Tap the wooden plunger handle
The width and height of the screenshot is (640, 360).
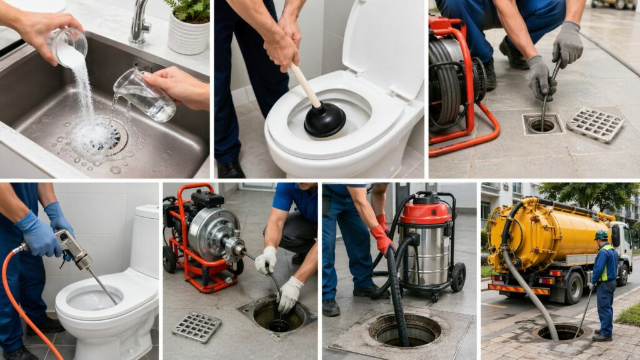pyautogui.click(x=305, y=84)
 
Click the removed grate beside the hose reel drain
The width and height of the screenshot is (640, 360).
pyautogui.click(x=595, y=124)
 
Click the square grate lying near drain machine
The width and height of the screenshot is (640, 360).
pyautogui.click(x=196, y=327)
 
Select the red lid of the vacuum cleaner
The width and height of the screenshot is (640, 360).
pyautogui.click(x=425, y=212)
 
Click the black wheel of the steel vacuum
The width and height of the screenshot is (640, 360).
pyautogui.click(x=458, y=276)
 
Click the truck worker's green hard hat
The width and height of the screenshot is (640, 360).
pyautogui.click(x=601, y=235)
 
